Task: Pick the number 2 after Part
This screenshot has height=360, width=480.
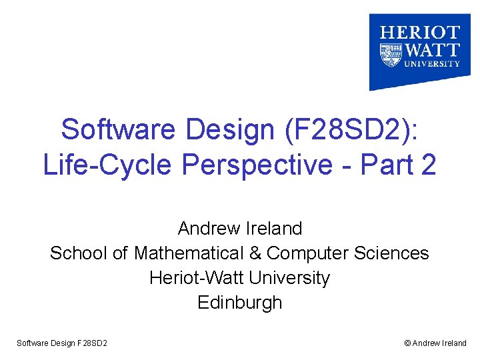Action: tap(429, 165)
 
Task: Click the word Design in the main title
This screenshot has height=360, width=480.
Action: tap(228, 129)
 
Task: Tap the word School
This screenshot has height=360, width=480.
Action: tap(79, 253)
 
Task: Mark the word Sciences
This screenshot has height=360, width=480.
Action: tap(396, 253)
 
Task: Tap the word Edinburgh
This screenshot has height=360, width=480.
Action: tap(240, 303)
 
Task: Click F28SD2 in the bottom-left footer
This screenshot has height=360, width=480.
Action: tap(93, 343)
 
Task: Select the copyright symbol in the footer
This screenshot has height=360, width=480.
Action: tap(407, 343)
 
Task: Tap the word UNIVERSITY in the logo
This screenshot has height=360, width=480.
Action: tap(429, 64)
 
